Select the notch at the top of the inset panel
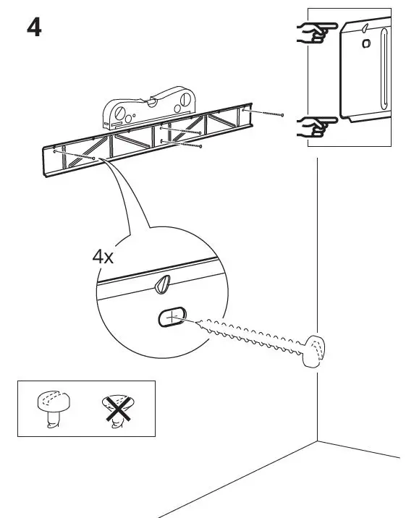click(x=366, y=27)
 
